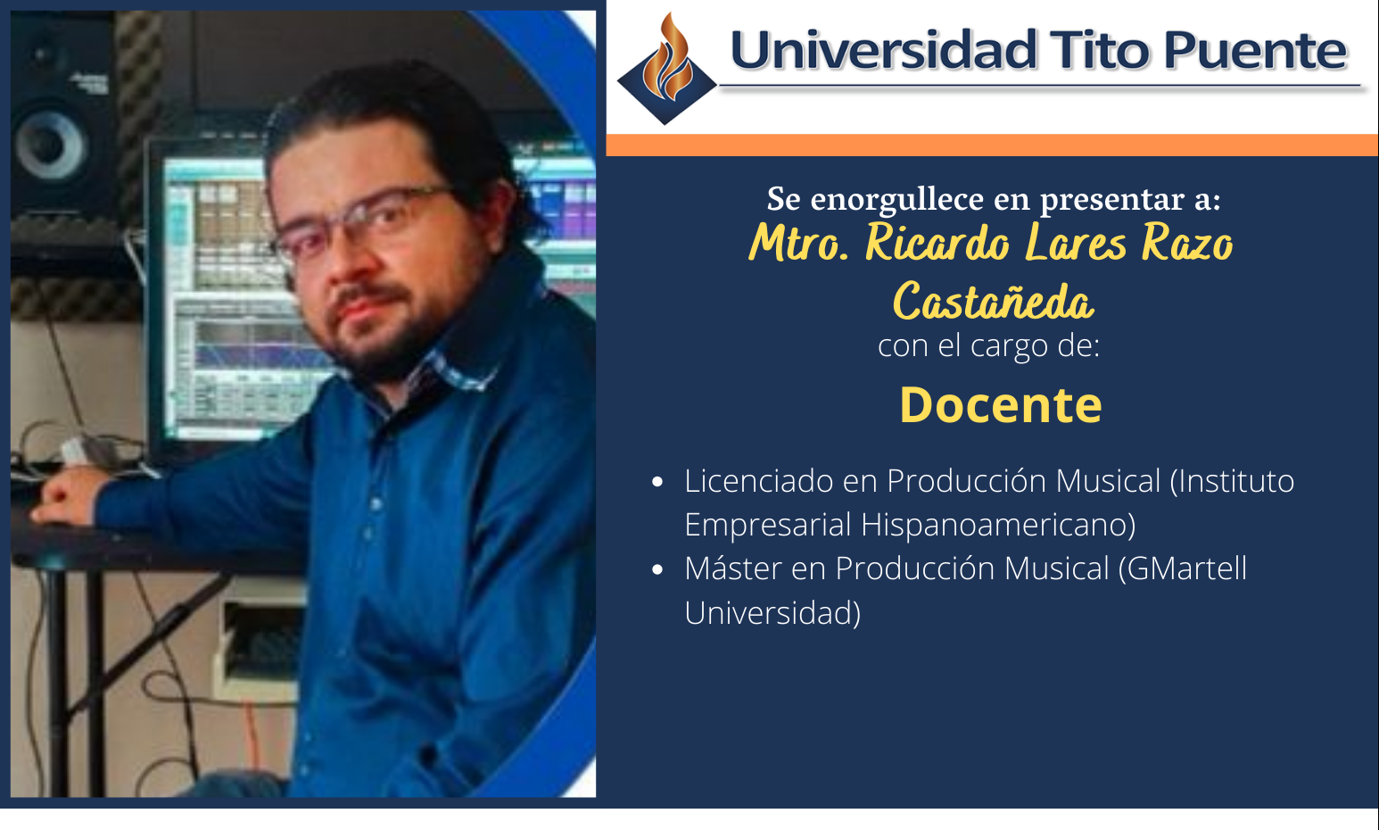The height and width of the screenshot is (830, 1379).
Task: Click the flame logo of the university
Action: [667, 70]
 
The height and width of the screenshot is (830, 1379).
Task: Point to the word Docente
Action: [1000, 405]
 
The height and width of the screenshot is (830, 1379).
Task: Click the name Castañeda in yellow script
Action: [993, 302]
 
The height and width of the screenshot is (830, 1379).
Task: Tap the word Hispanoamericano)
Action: [998, 525]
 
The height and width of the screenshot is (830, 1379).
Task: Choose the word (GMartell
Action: [1182, 569]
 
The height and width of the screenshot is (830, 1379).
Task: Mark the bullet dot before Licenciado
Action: [658, 482]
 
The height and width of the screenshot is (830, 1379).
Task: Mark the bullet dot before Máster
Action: [658, 569]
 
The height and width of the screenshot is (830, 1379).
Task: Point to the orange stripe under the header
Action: [992, 145]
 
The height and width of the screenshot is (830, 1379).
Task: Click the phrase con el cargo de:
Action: [988, 345]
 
